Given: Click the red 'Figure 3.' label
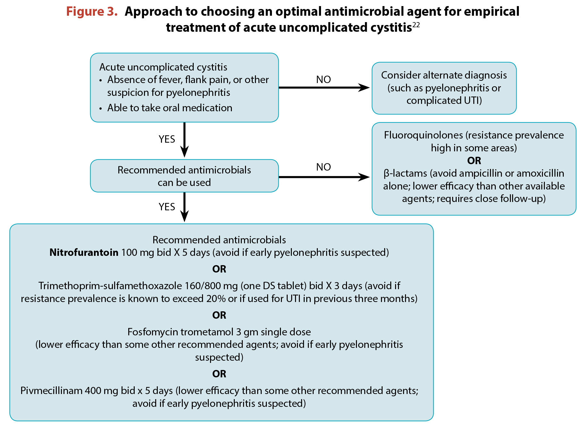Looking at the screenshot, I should pos(92,12).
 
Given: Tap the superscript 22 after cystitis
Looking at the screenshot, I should pos(416,25).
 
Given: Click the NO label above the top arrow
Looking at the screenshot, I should pos(323,80).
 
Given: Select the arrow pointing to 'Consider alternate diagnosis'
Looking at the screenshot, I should pos(324,88).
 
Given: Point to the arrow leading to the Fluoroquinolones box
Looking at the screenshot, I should pos(324,177).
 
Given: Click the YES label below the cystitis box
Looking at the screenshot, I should pos(167,139).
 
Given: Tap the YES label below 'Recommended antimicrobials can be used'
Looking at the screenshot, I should pos(167,207).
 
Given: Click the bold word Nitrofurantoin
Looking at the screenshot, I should pos(84,253).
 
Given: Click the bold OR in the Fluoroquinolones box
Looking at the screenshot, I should pos(474,161).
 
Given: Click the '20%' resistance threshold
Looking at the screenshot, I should pos(216,299).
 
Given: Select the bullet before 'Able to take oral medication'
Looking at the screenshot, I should pos(101,109).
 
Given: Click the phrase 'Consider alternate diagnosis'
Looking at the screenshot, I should pos(444,75).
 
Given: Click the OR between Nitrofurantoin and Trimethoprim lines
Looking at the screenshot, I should pos(219,269).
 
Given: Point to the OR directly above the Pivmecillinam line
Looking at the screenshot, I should pos(219,374).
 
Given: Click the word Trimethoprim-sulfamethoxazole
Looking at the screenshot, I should pos(111,286).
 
